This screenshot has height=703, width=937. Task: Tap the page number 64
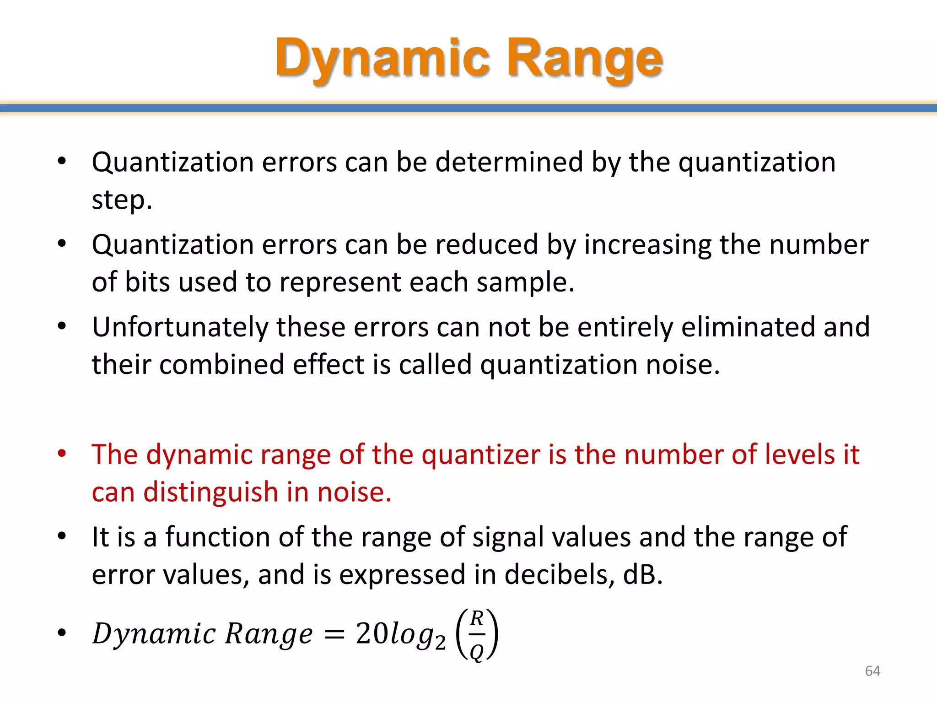[872, 671]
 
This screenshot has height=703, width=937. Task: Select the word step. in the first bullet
[122, 200]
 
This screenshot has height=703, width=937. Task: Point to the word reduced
[486, 244]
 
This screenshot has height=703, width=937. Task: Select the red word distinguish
[210, 492]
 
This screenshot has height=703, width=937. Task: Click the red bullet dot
[62, 454]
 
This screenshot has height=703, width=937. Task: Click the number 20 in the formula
[371, 634]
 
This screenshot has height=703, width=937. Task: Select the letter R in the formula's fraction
[477, 618]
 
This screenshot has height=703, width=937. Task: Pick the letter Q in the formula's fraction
[476, 652]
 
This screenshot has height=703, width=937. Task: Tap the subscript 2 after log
[440, 643]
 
